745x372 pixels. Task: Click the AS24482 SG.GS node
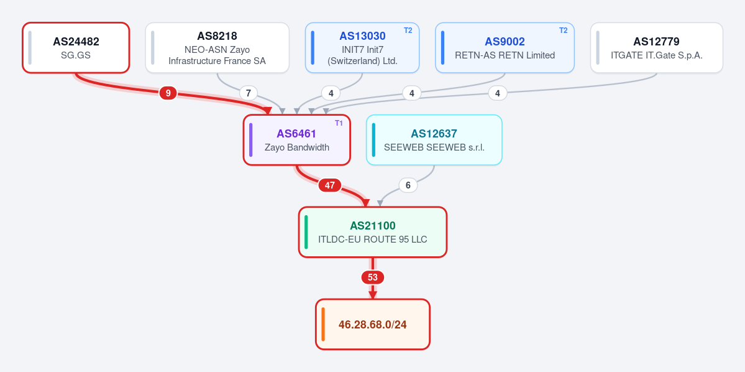76,47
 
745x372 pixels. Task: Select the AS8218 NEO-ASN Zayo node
217,47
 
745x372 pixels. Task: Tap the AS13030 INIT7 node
362,47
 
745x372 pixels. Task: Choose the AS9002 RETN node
505,47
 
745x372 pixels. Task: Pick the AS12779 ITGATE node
657,47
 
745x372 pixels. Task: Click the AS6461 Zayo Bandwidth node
297,140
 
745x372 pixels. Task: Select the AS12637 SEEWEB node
434,140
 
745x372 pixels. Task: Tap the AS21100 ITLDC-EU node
373,232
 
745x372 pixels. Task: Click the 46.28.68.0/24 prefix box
373,325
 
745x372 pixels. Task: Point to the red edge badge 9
168,93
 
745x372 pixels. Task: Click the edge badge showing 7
248,93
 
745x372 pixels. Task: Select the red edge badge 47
330,185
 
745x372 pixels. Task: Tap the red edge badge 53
373,277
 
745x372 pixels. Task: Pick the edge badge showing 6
408,185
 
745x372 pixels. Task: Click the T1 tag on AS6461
339,123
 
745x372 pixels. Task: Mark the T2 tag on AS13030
408,30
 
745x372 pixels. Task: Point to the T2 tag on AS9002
563,30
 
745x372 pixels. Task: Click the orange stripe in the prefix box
323,325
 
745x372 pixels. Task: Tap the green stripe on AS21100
306,232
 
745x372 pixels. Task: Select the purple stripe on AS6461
251,140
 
